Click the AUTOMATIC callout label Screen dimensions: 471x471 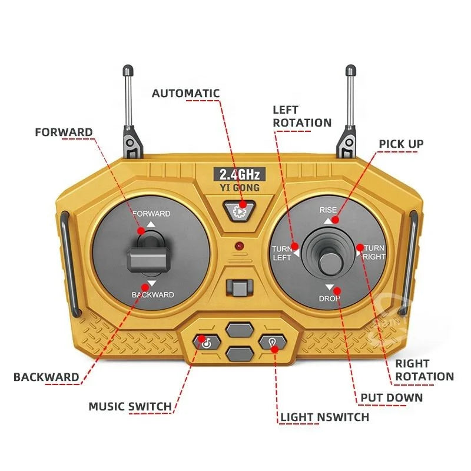click(185, 93)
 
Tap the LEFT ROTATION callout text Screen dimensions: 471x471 click(301, 116)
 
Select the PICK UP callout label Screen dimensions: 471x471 click(400, 144)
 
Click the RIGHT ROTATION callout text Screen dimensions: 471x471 click(424, 370)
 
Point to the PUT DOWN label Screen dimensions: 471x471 click(392, 397)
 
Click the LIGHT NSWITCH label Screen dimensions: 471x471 click(324, 417)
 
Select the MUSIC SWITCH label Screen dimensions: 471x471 click(130, 406)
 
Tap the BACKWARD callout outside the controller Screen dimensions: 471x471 click(46, 377)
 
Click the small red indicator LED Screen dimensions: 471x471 click(238, 244)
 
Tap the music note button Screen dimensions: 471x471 click(203, 341)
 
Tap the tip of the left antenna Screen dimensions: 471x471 click(127, 72)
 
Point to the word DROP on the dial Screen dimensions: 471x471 click(329, 299)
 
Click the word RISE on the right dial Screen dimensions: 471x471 click(327, 210)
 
